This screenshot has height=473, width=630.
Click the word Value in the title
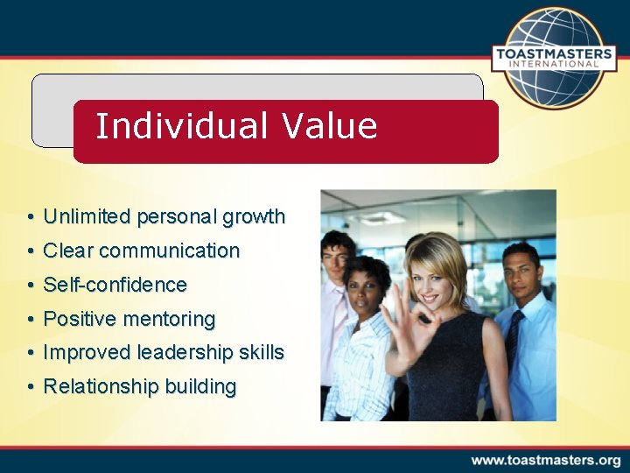[330, 126]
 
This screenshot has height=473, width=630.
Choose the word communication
[169, 251]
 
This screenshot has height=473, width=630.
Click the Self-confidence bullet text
[115, 285]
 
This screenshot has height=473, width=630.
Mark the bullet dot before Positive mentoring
[31, 320]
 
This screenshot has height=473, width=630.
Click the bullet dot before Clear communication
[31, 251]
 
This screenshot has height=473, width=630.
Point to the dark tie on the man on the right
[513, 337]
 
